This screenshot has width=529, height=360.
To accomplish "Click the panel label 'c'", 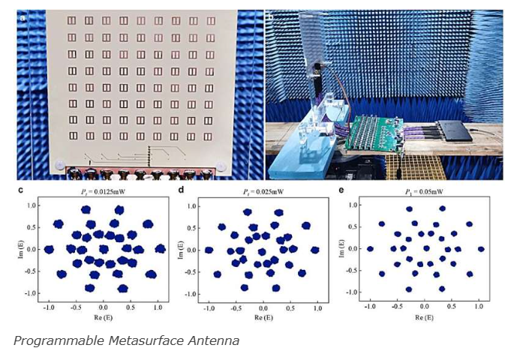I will point(21,190).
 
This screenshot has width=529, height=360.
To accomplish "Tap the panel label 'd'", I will point(181,190).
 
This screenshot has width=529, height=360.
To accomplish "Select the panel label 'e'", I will point(341,190).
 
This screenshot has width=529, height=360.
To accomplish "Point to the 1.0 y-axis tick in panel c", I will point(33,205).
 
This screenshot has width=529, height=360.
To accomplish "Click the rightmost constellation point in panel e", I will point(481,249).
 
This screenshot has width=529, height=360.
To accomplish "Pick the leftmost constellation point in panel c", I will point(49,249).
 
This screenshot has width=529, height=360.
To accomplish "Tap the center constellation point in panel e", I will point(425,248).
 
